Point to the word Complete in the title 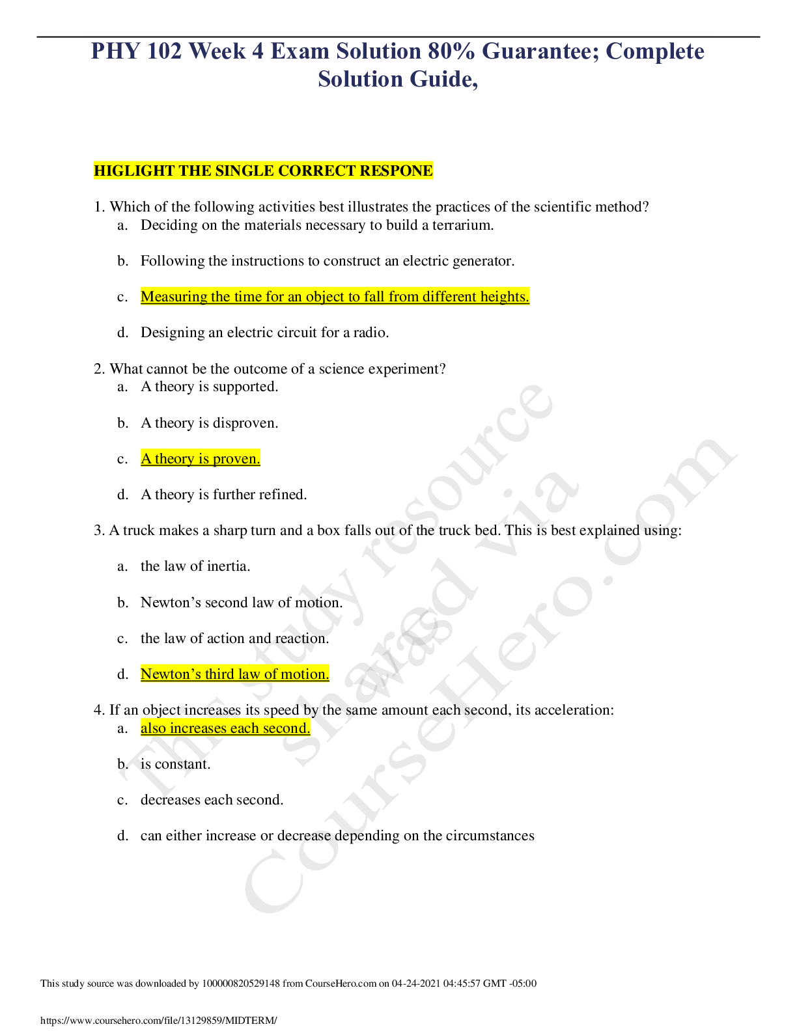click(655, 51)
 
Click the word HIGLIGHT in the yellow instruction click(133, 171)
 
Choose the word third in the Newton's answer click(221, 674)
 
